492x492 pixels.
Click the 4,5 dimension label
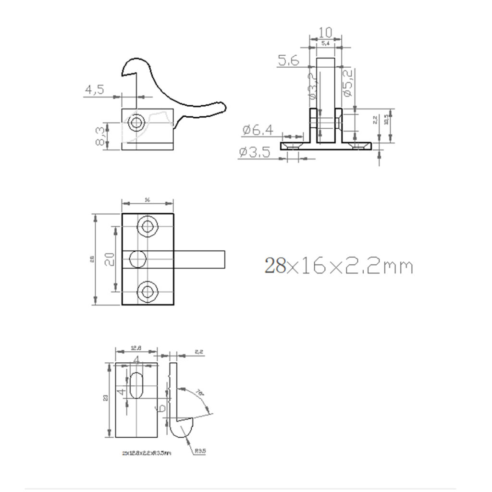(x=94, y=89)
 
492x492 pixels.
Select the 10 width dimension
(x=325, y=33)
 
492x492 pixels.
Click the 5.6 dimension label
(x=288, y=61)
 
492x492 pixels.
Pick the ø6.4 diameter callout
(x=258, y=130)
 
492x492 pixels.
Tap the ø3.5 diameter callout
(x=255, y=152)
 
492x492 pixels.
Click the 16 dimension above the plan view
(x=147, y=200)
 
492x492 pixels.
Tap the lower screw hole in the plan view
(x=147, y=291)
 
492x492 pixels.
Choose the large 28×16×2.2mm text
(x=338, y=265)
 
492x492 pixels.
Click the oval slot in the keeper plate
(x=137, y=384)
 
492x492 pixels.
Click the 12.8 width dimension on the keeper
(x=135, y=348)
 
